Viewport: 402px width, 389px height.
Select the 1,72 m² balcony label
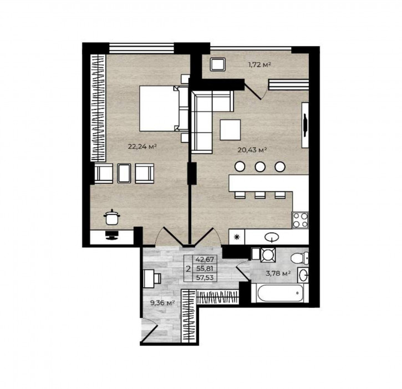[x=259, y=65]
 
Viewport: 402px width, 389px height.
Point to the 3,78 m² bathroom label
[x=279, y=273]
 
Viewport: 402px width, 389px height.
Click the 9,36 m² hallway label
[x=162, y=303]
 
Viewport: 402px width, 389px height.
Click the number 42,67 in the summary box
[x=205, y=259]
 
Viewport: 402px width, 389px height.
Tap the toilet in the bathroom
[x=299, y=257]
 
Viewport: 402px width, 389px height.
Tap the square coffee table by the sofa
[x=230, y=129]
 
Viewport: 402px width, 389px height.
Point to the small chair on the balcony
[x=217, y=64]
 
